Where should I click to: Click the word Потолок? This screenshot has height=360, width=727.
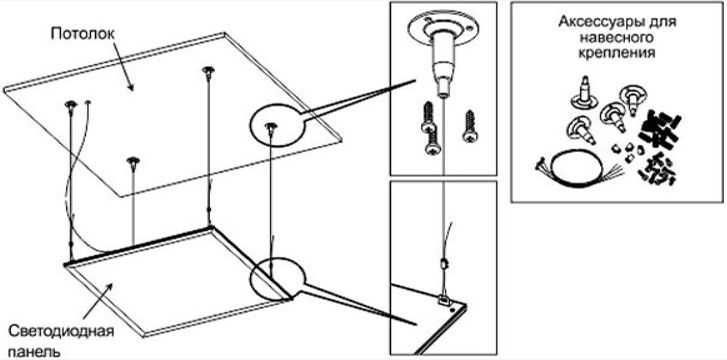pyautogui.click(x=83, y=34)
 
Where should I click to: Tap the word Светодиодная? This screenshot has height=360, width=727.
pyautogui.click(x=62, y=332)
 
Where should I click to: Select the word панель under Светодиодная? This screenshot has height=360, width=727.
pyautogui.click(x=34, y=351)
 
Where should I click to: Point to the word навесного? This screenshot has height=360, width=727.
pyautogui.click(x=616, y=37)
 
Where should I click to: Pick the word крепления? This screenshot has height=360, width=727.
pyautogui.click(x=616, y=52)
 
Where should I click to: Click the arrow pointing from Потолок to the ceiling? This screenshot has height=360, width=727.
pyautogui.click(x=122, y=65)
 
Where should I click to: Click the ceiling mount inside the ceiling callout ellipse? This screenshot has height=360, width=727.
pyautogui.click(x=270, y=129)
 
